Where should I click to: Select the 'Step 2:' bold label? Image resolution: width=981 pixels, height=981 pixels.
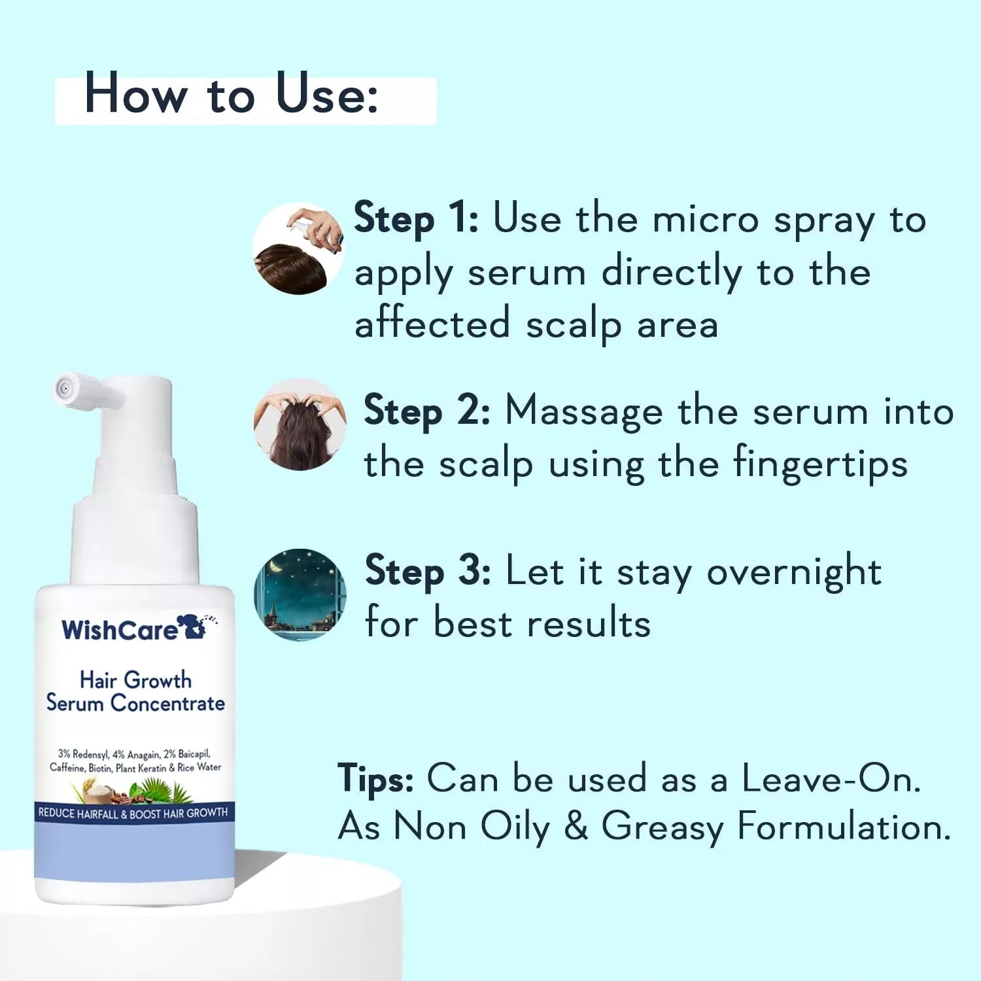tap(426, 411)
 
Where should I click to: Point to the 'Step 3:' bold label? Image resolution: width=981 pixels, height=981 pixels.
tap(428, 571)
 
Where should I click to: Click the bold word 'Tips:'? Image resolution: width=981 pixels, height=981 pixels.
tap(375, 779)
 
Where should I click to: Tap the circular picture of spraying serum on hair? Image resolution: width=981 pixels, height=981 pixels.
tap(299, 249)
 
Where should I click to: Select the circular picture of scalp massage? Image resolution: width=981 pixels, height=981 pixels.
tap(300, 424)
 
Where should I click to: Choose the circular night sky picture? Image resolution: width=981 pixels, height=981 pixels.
tap(300, 594)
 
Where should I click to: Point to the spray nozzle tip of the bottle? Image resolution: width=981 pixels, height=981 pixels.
tap(64, 388)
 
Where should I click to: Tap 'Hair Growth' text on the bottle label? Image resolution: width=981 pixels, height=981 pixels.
tap(135, 680)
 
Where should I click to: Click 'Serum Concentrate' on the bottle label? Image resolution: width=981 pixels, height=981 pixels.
tap(135, 704)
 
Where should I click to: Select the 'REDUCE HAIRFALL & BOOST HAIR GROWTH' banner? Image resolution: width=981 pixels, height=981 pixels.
tap(133, 814)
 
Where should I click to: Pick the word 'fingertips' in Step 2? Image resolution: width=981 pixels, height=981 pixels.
tap(820, 464)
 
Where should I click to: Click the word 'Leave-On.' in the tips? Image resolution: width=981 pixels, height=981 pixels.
tap(831, 779)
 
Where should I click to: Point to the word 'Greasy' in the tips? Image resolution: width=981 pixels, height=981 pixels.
tap(662, 827)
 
